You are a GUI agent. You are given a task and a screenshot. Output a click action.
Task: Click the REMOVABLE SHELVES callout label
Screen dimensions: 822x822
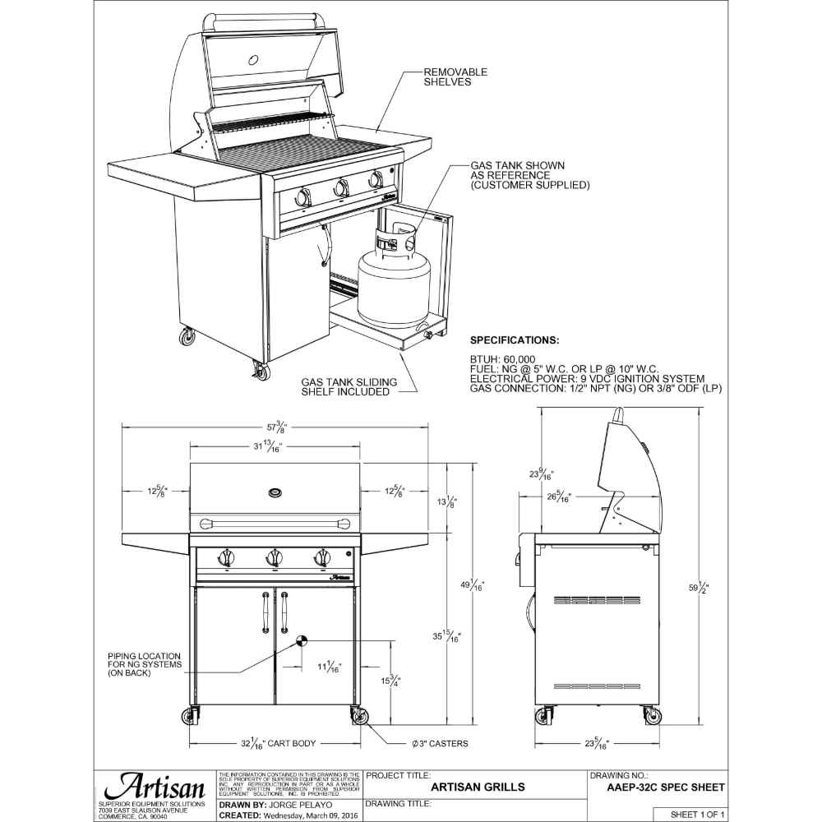coord(455,77)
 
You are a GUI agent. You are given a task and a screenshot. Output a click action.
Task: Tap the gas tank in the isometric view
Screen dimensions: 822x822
coord(393,284)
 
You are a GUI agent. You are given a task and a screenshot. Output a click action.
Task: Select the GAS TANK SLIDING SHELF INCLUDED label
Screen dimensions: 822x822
coord(349,387)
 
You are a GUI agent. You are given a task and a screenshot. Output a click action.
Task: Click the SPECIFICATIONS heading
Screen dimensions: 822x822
coord(515,340)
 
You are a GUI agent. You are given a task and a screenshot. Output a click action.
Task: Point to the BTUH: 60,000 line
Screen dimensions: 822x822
coord(502,359)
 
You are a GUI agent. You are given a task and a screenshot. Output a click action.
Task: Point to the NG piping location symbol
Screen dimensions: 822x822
coord(300,640)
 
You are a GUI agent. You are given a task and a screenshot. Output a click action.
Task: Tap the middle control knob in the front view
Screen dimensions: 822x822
coord(274,559)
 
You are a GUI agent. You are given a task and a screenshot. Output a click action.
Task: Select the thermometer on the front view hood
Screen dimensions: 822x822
coord(275,492)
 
